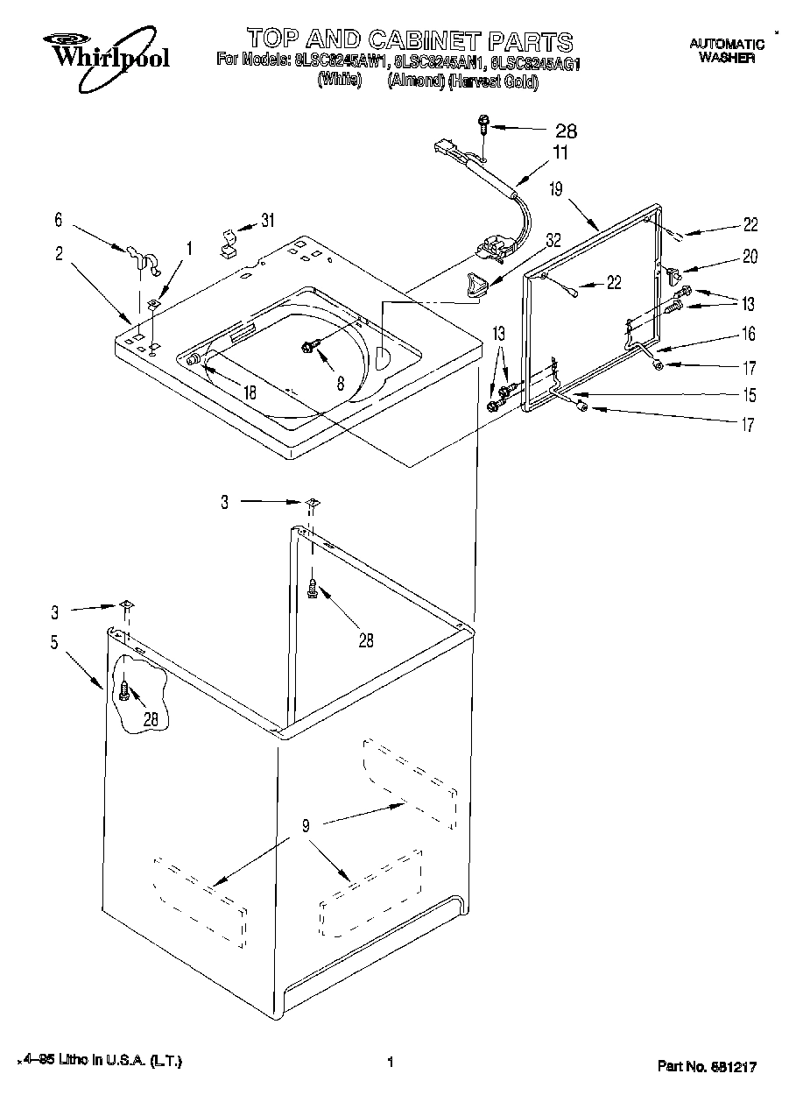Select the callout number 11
tap(560, 153)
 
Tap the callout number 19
tap(557, 187)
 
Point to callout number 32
tap(553, 238)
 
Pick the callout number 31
tap(267, 221)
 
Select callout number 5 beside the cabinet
tap(54, 642)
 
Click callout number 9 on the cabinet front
tap(306, 823)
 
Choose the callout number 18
tap(250, 392)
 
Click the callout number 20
tap(750, 257)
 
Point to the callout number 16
tap(750, 334)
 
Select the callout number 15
tap(750, 393)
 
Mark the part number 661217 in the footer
tap(731, 1066)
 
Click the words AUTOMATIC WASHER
tap(727, 50)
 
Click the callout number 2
tap(59, 254)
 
